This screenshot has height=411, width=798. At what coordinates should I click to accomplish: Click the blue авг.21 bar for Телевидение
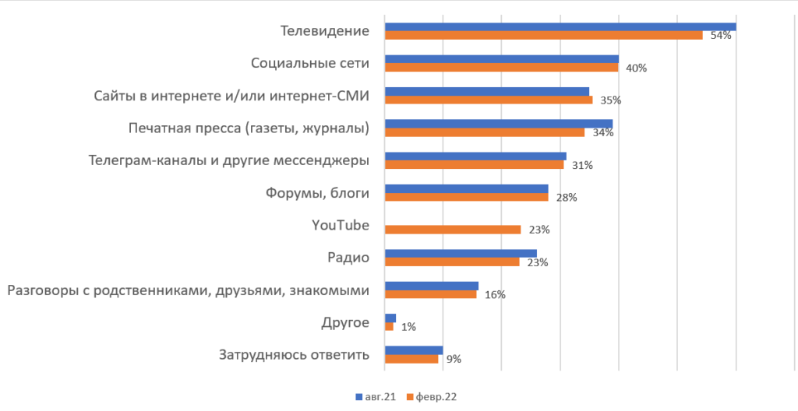click(x=560, y=27)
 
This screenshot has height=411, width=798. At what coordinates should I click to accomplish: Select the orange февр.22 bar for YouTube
click(x=453, y=230)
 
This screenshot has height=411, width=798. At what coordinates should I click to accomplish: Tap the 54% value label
click(x=720, y=36)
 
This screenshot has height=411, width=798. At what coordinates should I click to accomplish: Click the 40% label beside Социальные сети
click(x=637, y=68)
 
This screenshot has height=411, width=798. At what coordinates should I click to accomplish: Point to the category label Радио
click(x=348, y=258)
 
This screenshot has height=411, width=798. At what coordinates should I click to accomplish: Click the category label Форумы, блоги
click(x=317, y=193)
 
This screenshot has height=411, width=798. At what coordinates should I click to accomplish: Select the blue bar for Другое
click(x=390, y=318)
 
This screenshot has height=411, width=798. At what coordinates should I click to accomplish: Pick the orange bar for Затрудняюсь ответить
click(x=411, y=359)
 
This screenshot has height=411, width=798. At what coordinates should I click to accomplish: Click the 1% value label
click(x=408, y=328)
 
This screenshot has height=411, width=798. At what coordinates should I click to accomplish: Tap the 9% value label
click(x=454, y=360)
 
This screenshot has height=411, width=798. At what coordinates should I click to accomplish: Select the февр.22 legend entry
click(x=431, y=397)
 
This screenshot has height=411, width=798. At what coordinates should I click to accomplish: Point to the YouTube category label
click(x=340, y=226)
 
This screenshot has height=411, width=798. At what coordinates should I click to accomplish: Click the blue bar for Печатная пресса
click(x=499, y=124)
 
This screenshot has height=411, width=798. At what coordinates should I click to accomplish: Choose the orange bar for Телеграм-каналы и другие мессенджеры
click(x=474, y=164)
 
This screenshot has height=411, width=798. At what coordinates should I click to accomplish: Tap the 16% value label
click(x=495, y=295)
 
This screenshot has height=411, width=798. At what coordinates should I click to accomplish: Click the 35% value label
click(x=610, y=100)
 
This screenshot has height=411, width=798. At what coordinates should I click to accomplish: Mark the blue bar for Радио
click(x=461, y=253)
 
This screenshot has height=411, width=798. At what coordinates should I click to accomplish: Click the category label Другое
click(x=345, y=322)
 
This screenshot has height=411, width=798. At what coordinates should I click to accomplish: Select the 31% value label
click(x=582, y=165)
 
